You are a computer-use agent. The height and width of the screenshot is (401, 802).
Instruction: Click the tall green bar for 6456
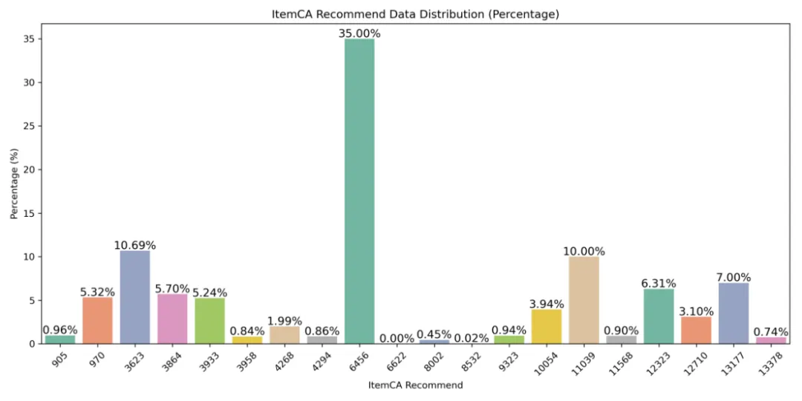click(359, 191)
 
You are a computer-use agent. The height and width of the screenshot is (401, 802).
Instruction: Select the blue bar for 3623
click(135, 297)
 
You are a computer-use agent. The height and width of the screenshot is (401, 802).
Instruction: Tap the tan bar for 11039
click(584, 300)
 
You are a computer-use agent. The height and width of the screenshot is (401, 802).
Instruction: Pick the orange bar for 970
click(97, 321)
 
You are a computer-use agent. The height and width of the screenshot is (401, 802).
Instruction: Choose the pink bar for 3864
click(172, 319)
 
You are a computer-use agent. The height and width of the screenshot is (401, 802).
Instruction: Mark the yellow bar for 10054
click(547, 326)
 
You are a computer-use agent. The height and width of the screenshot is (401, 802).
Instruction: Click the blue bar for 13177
click(734, 313)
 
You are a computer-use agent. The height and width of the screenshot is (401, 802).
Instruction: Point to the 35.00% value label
click(359, 33)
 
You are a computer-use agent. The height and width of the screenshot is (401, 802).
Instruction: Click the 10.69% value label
click(135, 246)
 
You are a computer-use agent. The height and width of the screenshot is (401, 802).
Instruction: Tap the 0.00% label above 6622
click(397, 338)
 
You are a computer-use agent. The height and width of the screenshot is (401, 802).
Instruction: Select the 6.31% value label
click(659, 284)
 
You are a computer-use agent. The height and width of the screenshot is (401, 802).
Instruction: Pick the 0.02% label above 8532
click(472, 338)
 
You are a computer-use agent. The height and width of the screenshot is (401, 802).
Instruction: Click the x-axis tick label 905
click(60, 356)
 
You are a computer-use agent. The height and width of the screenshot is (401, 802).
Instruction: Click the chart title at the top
click(415, 15)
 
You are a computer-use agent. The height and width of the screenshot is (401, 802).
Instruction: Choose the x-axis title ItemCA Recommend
click(416, 385)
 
